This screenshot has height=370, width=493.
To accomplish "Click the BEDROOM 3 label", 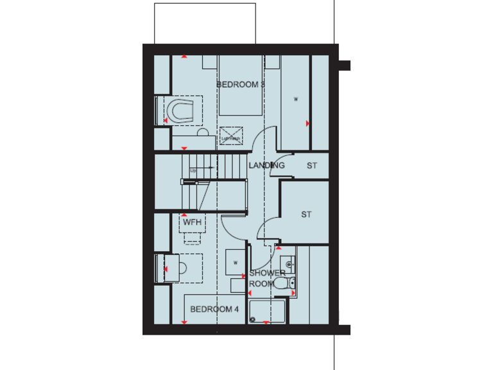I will [x=241, y=84].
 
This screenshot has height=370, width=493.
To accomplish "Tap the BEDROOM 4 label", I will [x=214, y=309].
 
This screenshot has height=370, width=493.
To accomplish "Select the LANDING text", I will [x=266, y=165].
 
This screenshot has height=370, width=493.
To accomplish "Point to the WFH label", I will [x=192, y=222].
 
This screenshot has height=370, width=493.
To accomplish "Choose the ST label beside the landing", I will [x=312, y=166].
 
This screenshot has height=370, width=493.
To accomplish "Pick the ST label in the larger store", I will [x=306, y=215].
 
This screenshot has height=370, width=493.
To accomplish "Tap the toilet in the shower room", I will [x=282, y=282].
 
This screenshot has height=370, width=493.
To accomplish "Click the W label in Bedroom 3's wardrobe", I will [x=296, y=99].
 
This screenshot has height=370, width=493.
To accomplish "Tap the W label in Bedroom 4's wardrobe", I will [x=236, y=262].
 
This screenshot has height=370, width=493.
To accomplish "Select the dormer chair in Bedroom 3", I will [x=180, y=110].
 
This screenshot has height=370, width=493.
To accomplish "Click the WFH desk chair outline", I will [x=192, y=238].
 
